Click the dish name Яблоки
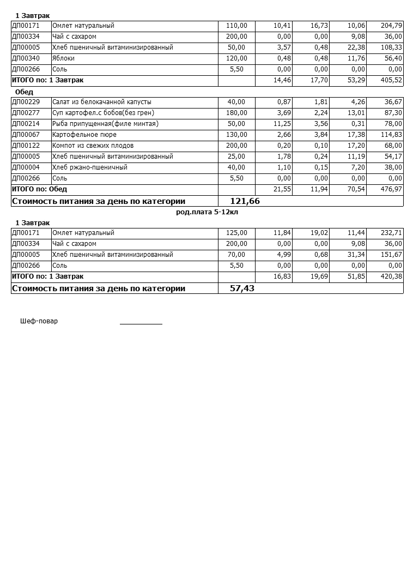pos(63,58)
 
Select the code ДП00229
pos(26,102)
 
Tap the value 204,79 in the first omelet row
pos(392,26)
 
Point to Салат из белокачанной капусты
pos(102,102)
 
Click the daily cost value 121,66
pos(245,201)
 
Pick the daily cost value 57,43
pos(242,288)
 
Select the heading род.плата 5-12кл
pos(207,212)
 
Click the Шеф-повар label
pos(39,321)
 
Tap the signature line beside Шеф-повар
pos(141,323)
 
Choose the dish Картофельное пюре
pos(84,135)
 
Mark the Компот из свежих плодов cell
pos(93,146)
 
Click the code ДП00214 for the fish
pos(26,124)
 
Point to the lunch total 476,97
pos(392,189)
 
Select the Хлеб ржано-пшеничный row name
pos(90,167)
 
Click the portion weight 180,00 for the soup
pos(236,113)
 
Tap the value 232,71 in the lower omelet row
pos(392,233)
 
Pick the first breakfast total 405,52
pos(392,80)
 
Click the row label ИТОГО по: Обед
pos(39,189)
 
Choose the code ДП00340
pos(26,58)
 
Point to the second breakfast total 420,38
pos(392,276)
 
